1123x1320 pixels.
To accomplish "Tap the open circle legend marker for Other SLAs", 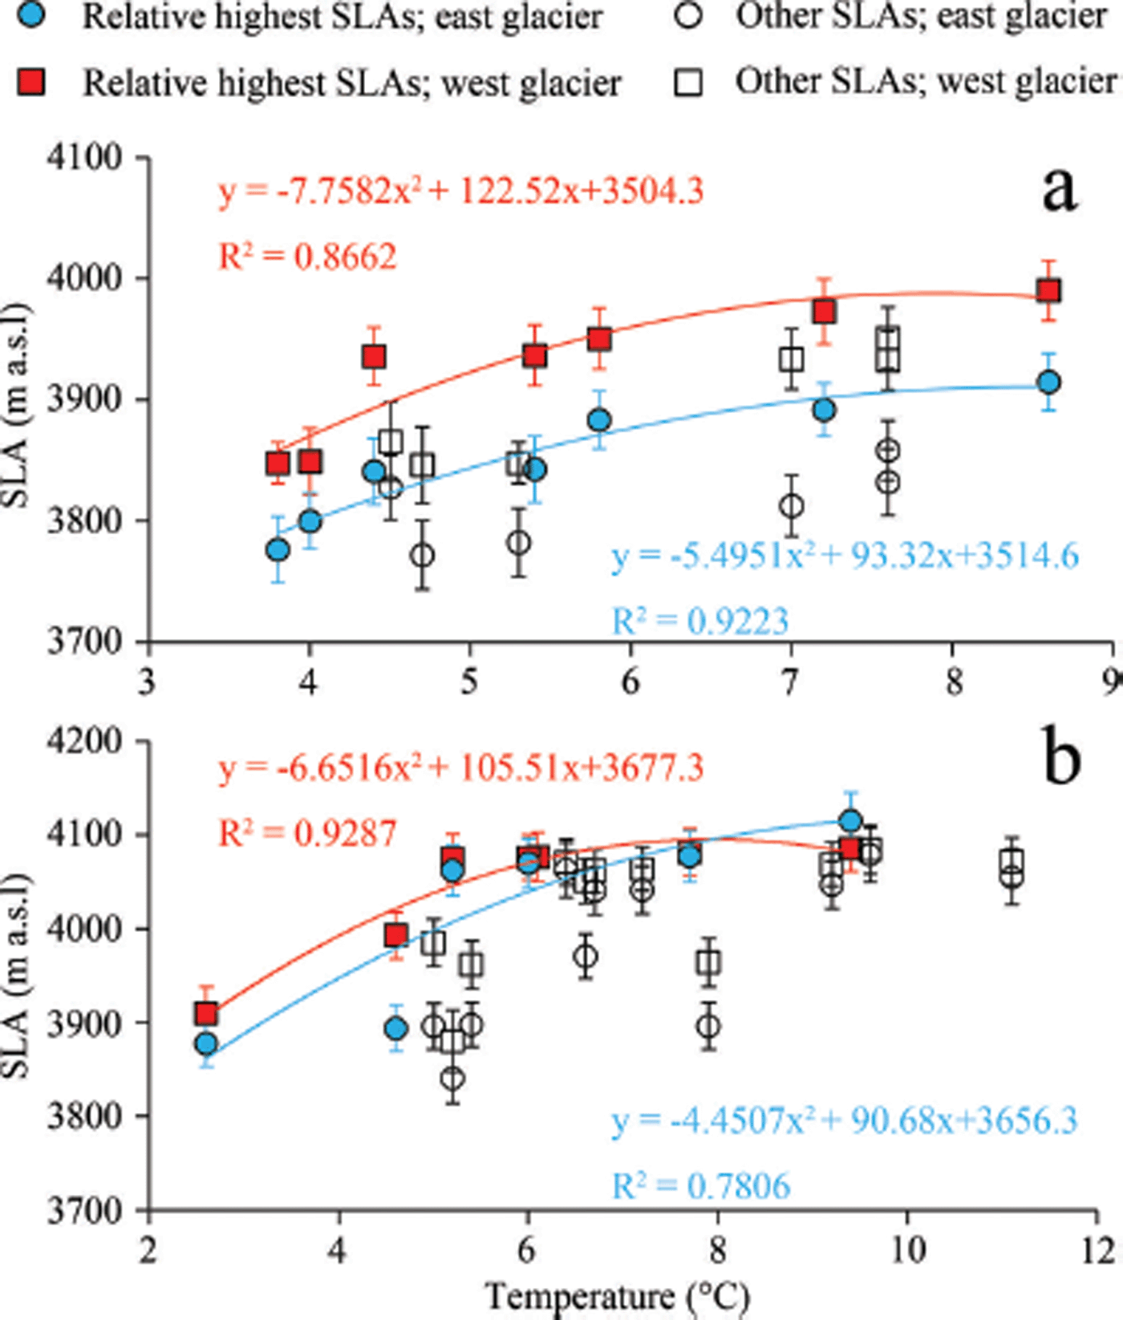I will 689,15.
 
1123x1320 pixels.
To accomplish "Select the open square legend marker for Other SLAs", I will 689,81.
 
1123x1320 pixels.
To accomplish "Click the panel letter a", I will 1060,190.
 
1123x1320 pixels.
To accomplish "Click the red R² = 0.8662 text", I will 308,257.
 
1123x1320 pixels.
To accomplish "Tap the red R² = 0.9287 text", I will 308,833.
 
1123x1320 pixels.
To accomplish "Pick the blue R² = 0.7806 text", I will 701,1185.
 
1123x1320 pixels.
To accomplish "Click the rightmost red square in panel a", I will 1048,290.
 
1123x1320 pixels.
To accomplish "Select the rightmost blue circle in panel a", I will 1048,383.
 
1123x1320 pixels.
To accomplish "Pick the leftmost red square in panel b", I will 206,1014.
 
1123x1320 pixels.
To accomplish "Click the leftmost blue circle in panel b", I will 206,1043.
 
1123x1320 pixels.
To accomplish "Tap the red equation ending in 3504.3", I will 461,192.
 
